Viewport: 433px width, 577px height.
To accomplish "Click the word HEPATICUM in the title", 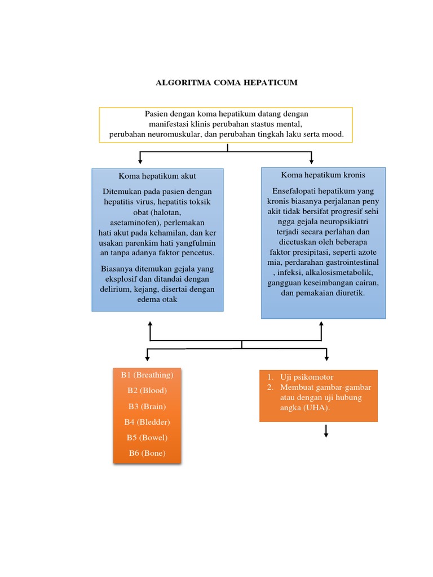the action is point(270,82).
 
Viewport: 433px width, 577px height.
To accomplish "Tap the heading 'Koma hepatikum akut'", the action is point(157,176).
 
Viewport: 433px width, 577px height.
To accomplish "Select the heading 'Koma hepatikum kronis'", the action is point(323,175).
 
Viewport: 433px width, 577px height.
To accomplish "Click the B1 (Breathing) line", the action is point(147,375).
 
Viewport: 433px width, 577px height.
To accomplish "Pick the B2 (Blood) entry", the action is point(147,390).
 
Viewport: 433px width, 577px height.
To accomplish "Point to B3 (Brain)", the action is point(147,406).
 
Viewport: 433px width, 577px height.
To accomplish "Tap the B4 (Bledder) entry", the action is point(147,422).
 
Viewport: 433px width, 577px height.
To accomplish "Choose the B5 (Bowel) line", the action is point(147,437).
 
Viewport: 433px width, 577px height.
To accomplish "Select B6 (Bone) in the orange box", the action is point(147,453).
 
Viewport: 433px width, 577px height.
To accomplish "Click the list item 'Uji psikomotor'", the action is point(307,377).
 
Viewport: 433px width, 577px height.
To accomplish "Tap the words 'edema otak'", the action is point(157,300).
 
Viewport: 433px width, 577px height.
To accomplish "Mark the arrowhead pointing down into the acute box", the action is point(140,162).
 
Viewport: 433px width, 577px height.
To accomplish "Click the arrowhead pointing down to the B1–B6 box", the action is point(147,358).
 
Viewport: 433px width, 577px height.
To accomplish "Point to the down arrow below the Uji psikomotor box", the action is point(326,431).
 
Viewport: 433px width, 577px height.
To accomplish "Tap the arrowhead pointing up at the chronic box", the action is point(321,324).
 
